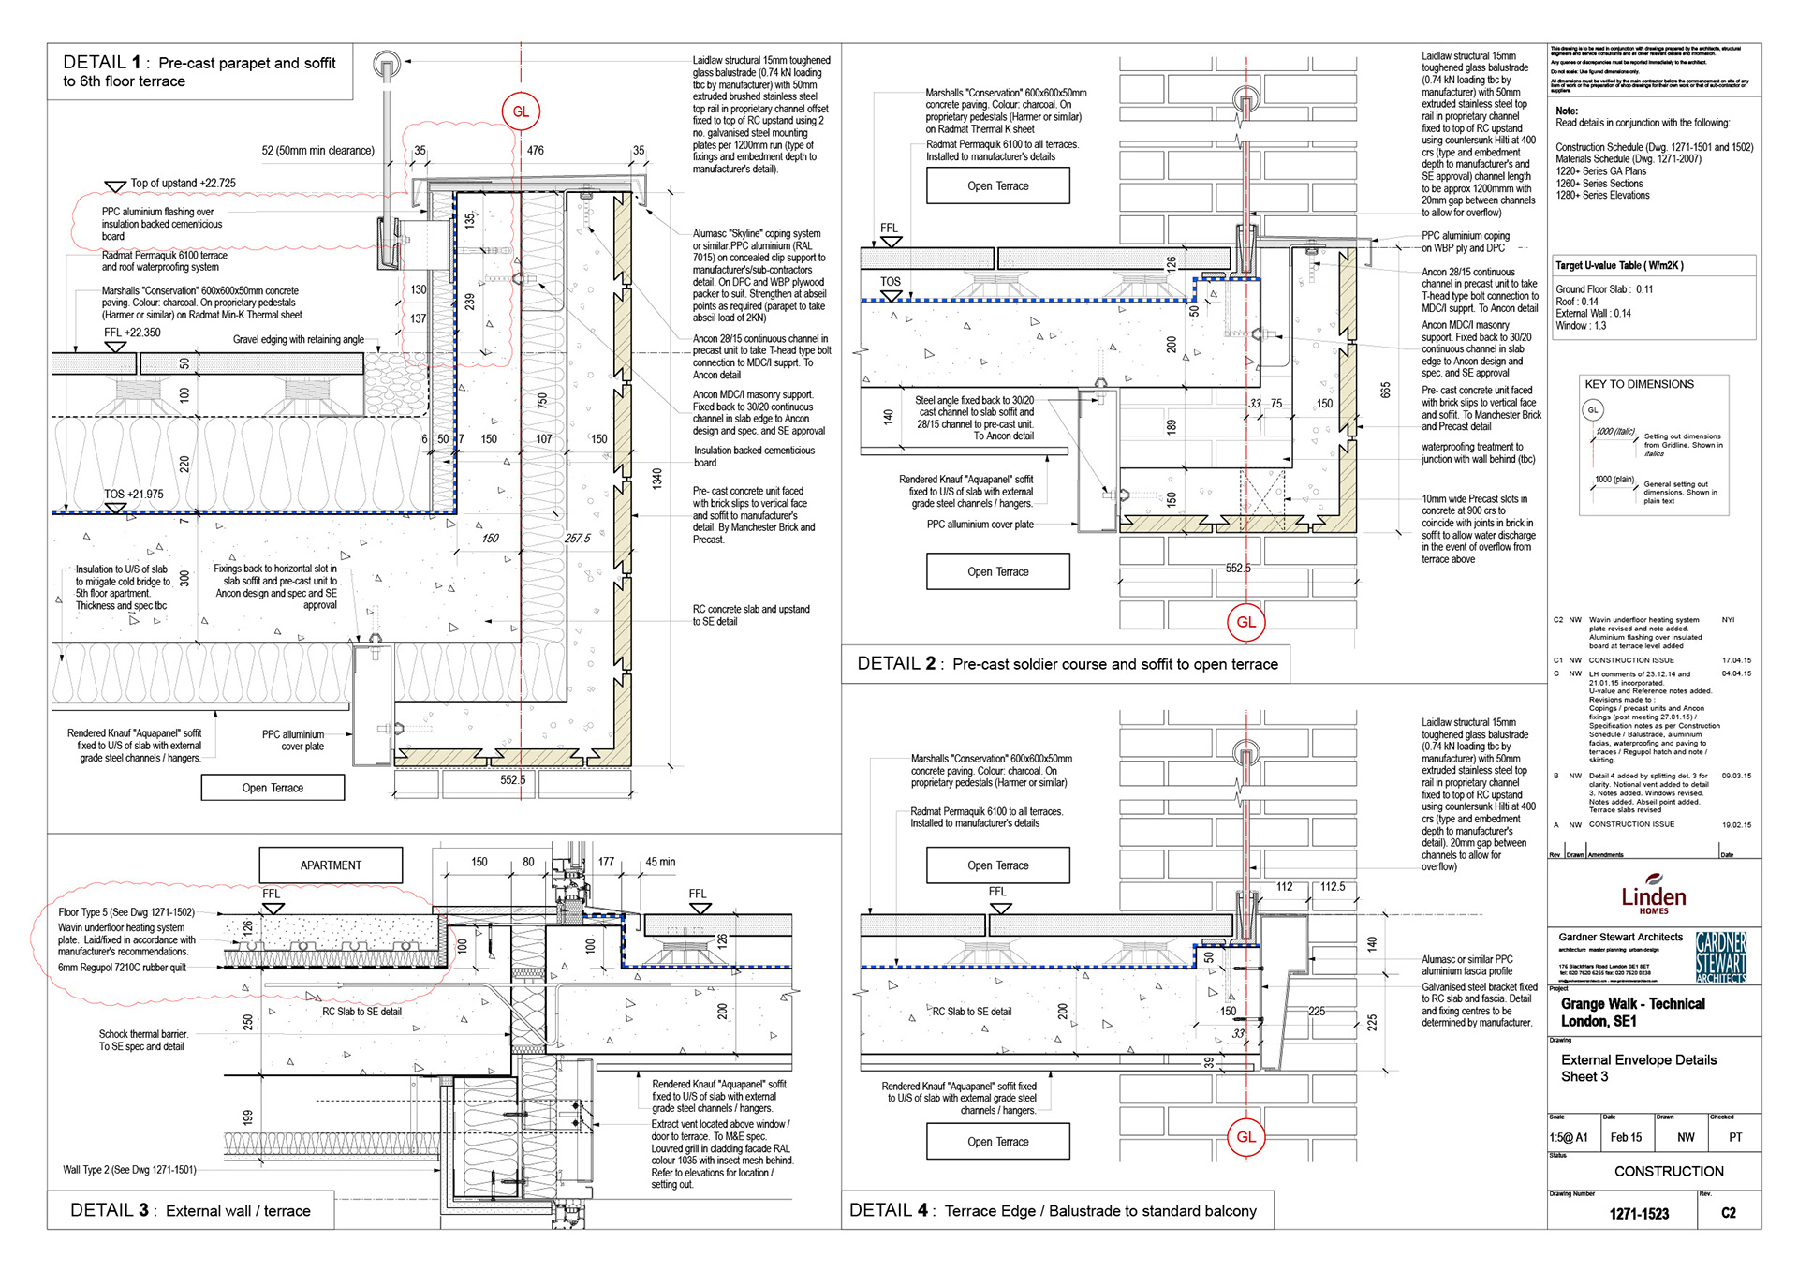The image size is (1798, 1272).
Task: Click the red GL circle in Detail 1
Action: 521,111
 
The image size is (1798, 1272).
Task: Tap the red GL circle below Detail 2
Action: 1245,622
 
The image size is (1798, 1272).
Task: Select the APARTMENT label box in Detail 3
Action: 331,865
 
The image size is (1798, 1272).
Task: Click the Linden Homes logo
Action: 1653,895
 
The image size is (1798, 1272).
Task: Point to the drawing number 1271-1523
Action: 1639,1214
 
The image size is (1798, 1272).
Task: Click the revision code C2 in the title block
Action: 1729,1213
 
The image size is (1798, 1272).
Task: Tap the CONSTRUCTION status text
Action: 1669,1172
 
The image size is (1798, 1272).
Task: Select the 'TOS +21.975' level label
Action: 133,495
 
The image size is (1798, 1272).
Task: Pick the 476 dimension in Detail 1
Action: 536,150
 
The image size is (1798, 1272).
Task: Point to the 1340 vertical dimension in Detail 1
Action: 657,479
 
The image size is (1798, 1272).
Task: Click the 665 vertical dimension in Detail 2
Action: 1385,390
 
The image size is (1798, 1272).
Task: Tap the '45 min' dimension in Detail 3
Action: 660,862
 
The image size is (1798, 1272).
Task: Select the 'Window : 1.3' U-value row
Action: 1581,326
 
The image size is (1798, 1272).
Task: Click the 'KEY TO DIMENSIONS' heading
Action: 1639,384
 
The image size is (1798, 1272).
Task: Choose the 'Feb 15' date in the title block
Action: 1626,1138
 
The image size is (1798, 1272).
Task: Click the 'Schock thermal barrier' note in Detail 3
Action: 143,1034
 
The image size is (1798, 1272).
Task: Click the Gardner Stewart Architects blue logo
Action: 1721,955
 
